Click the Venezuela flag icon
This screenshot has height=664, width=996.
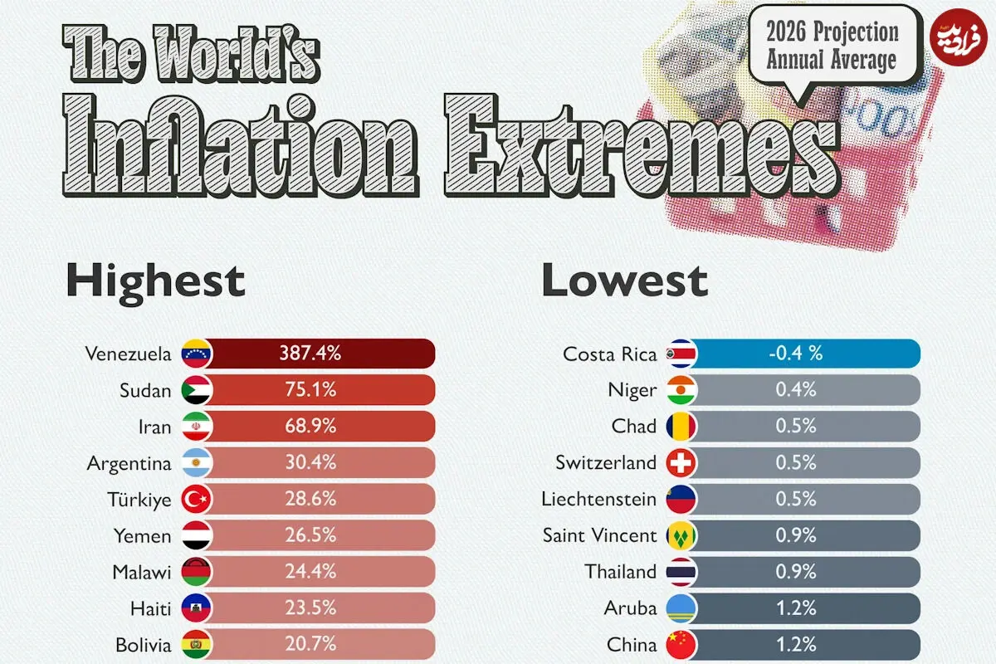(197, 354)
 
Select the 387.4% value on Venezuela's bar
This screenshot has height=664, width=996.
(310, 353)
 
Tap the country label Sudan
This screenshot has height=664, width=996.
(145, 390)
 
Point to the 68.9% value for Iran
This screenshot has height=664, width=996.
(310, 426)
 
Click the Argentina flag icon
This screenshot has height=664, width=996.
(197, 462)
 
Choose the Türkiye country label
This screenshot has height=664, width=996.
(139, 500)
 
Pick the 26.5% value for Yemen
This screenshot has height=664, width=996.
(310, 535)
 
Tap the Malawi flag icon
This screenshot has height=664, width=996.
(197, 572)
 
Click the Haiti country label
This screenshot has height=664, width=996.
(151, 608)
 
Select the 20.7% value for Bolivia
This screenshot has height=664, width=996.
(310, 644)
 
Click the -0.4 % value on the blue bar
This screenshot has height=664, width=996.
(795, 353)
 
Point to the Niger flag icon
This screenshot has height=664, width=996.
(681, 390)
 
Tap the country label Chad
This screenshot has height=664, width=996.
(634, 426)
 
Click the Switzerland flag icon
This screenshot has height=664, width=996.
(681, 462)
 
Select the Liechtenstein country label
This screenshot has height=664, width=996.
(599, 499)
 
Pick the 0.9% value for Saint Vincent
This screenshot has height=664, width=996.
(796, 535)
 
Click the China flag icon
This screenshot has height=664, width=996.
(681, 644)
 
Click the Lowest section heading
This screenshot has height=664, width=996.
(625, 281)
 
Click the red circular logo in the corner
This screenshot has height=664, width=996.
(959, 37)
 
